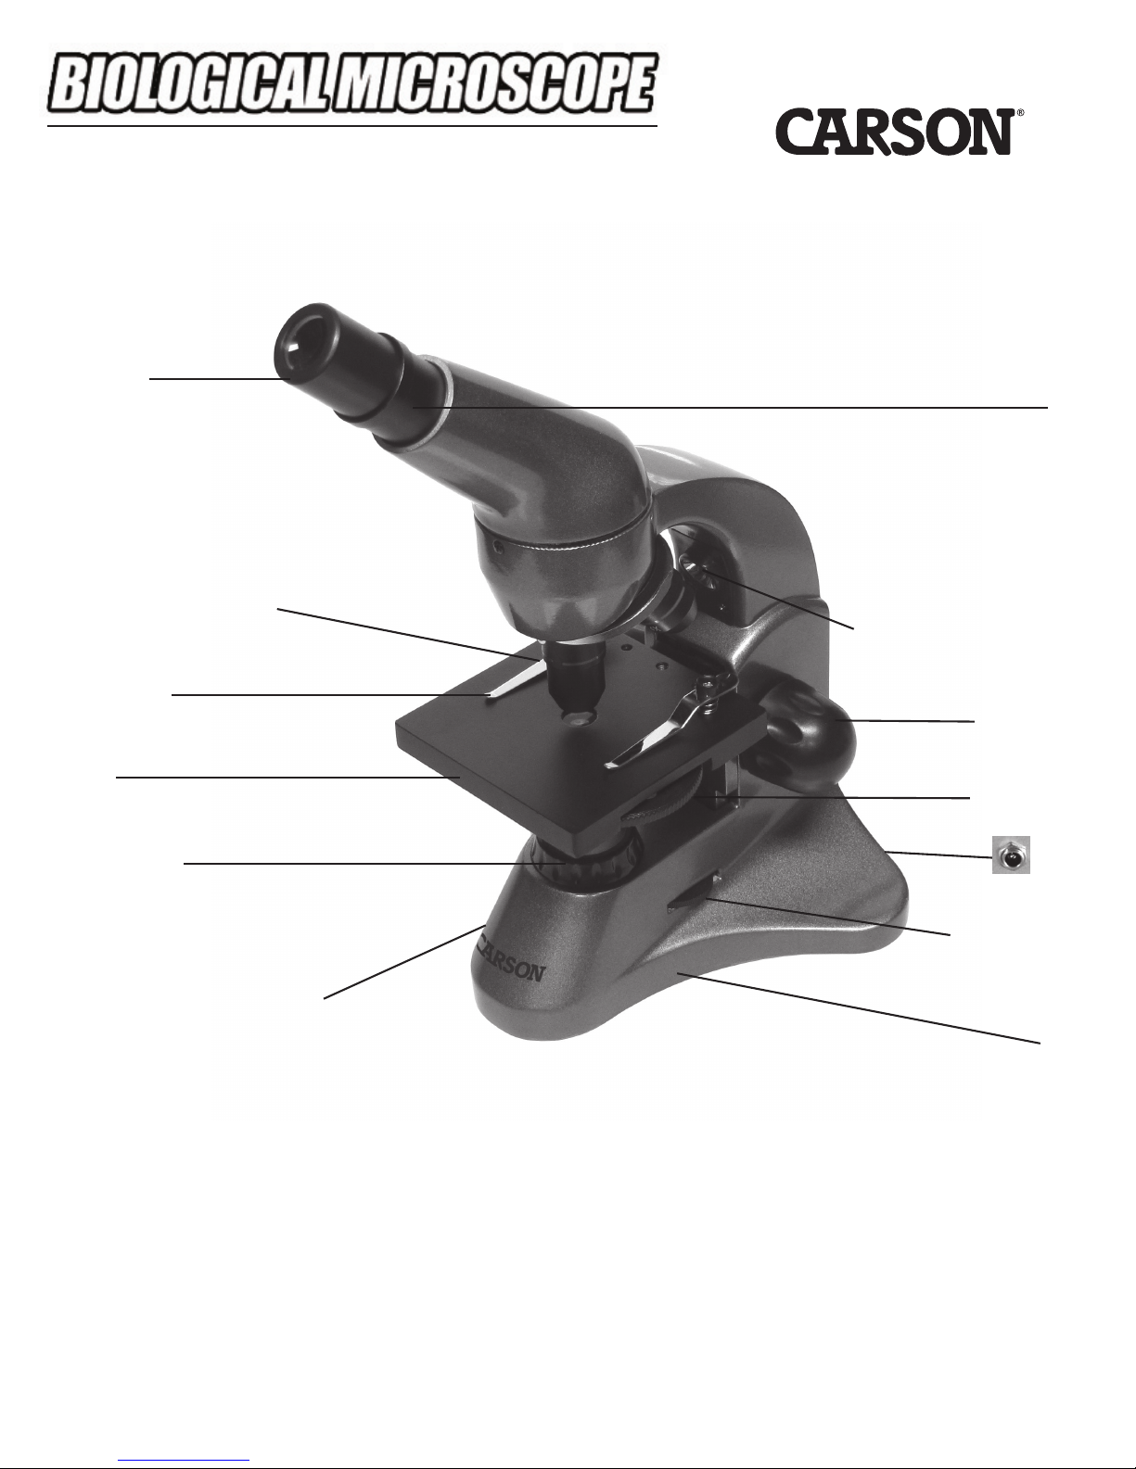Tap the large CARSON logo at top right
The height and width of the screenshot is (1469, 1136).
893,132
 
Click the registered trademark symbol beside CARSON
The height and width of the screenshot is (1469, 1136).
1020,115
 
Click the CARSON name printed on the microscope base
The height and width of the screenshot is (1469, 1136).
511,963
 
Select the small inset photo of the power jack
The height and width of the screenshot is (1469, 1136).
1011,855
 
